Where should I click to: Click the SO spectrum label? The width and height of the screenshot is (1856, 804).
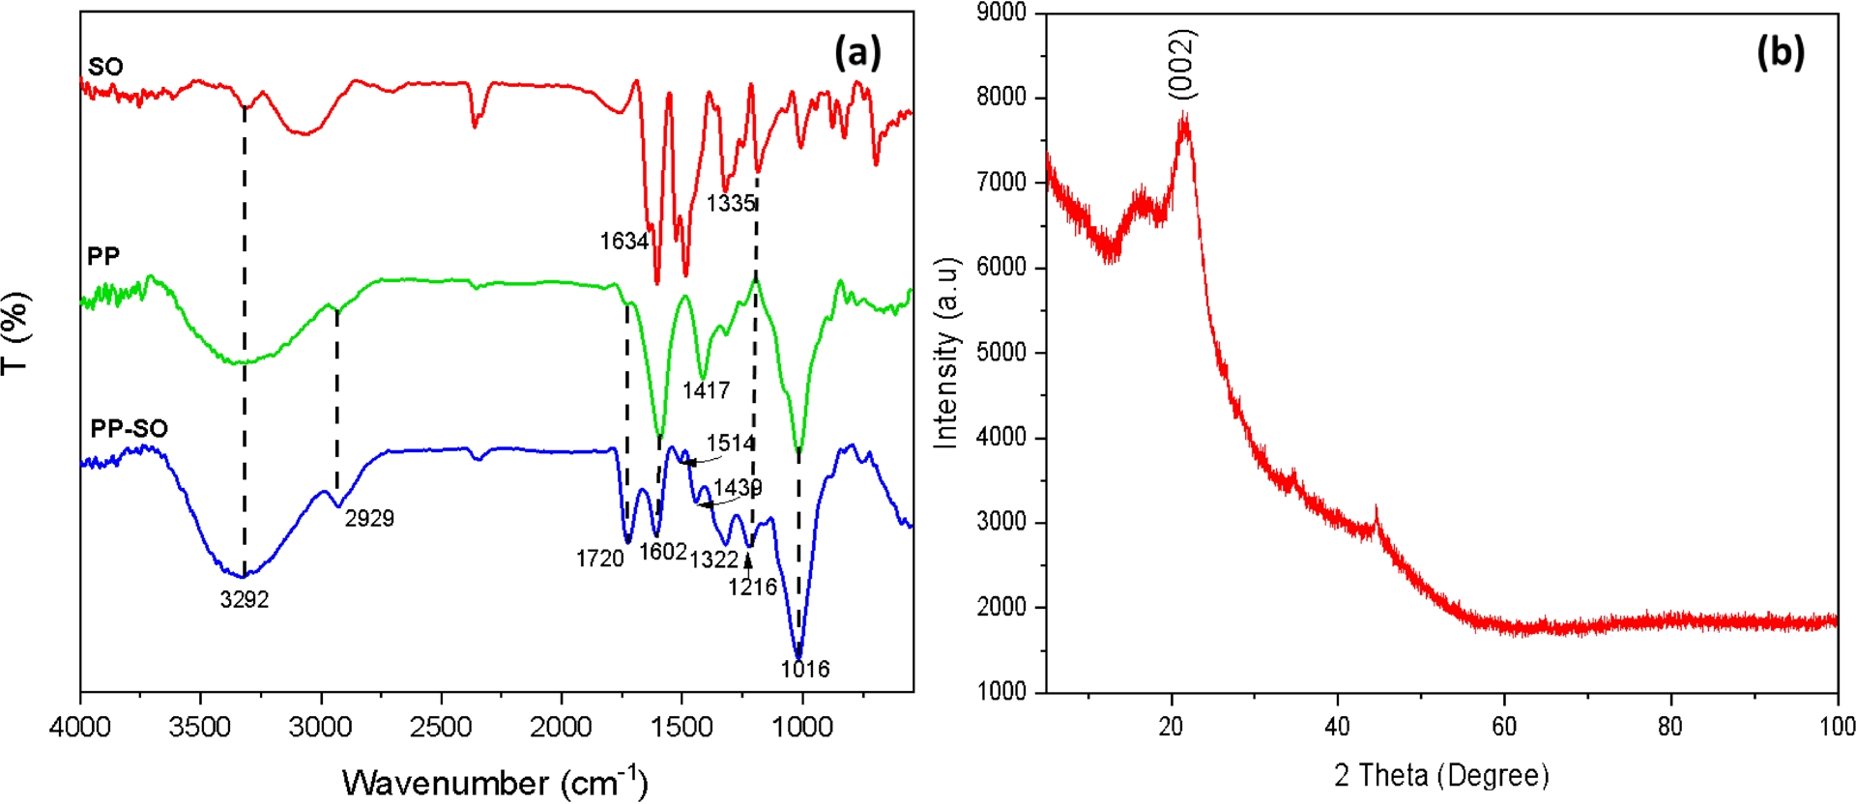pyautogui.click(x=105, y=67)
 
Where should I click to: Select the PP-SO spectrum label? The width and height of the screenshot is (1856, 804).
pyautogui.click(x=129, y=428)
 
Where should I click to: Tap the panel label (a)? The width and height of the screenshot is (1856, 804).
pyautogui.click(x=857, y=51)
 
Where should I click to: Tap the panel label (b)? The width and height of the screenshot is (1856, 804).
pyautogui.click(x=1780, y=51)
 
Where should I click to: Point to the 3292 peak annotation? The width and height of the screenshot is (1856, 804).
pyautogui.click(x=245, y=600)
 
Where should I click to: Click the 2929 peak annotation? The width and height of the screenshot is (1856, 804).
pyautogui.click(x=369, y=519)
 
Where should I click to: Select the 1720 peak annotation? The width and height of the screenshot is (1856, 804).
pyautogui.click(x=599, y=559)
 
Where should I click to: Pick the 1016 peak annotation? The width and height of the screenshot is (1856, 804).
pyautogui.click(x=805, y=669)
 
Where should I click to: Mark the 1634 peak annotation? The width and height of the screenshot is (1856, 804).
pyautogui.click(x=623, y=242)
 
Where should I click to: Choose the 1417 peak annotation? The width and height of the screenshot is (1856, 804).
pyautogui.click(x=706, y=390)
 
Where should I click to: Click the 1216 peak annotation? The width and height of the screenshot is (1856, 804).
pyautogui.click(x=752, y=588)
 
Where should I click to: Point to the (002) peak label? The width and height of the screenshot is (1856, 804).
pyautogui.click(x=1182, y=64)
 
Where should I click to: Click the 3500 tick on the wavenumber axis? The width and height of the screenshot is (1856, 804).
pyautogui.click(x=199, y=728)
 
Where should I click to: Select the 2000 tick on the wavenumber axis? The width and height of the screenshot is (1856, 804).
pyautogui.click(x=561, y=728)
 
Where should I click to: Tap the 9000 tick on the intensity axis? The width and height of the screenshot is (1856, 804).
pyautogui.click(x=1001, y=13)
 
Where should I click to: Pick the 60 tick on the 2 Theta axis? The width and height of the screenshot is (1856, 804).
pyautogui.click(x=1504, y=727)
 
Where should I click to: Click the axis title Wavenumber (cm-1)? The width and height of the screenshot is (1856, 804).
pyautogui.click(x=495, y=781)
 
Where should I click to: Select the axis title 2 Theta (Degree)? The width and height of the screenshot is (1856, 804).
pyautogui.click(x=1441, y=775)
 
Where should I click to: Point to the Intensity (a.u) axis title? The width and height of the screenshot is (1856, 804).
pyautogui.click(x=946, y=353)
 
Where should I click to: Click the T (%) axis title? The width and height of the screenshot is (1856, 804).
pyautogui.click(x=16, y=333)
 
